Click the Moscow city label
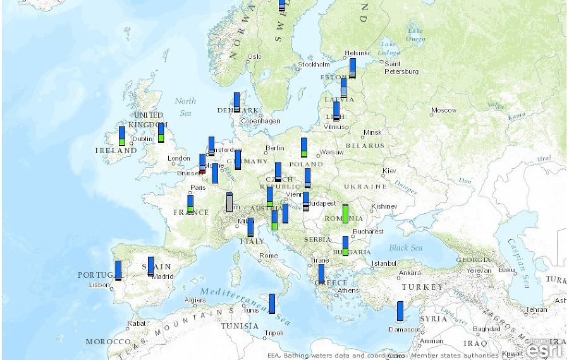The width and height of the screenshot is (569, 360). point(444,110)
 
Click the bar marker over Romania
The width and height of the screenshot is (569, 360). point(345,213)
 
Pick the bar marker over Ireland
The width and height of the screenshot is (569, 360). point(122,136)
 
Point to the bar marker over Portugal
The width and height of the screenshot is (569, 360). point(118,270)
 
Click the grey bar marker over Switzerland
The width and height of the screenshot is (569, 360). point(229,202)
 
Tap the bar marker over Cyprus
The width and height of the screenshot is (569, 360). point(400,311)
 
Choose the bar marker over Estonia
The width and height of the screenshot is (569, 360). point(352,68)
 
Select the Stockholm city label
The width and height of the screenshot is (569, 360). point(314,65)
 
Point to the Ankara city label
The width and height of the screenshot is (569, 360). point(410,273)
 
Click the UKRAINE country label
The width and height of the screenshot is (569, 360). point(365,187)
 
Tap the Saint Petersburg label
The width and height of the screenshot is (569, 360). point(401,68)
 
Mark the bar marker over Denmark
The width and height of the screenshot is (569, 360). point(236,102)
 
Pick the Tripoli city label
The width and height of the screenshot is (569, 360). point(274,333)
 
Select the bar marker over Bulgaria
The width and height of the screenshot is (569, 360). point(345,246)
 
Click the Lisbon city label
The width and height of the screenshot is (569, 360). point(100,285)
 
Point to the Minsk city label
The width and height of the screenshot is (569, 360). point(373,132)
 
